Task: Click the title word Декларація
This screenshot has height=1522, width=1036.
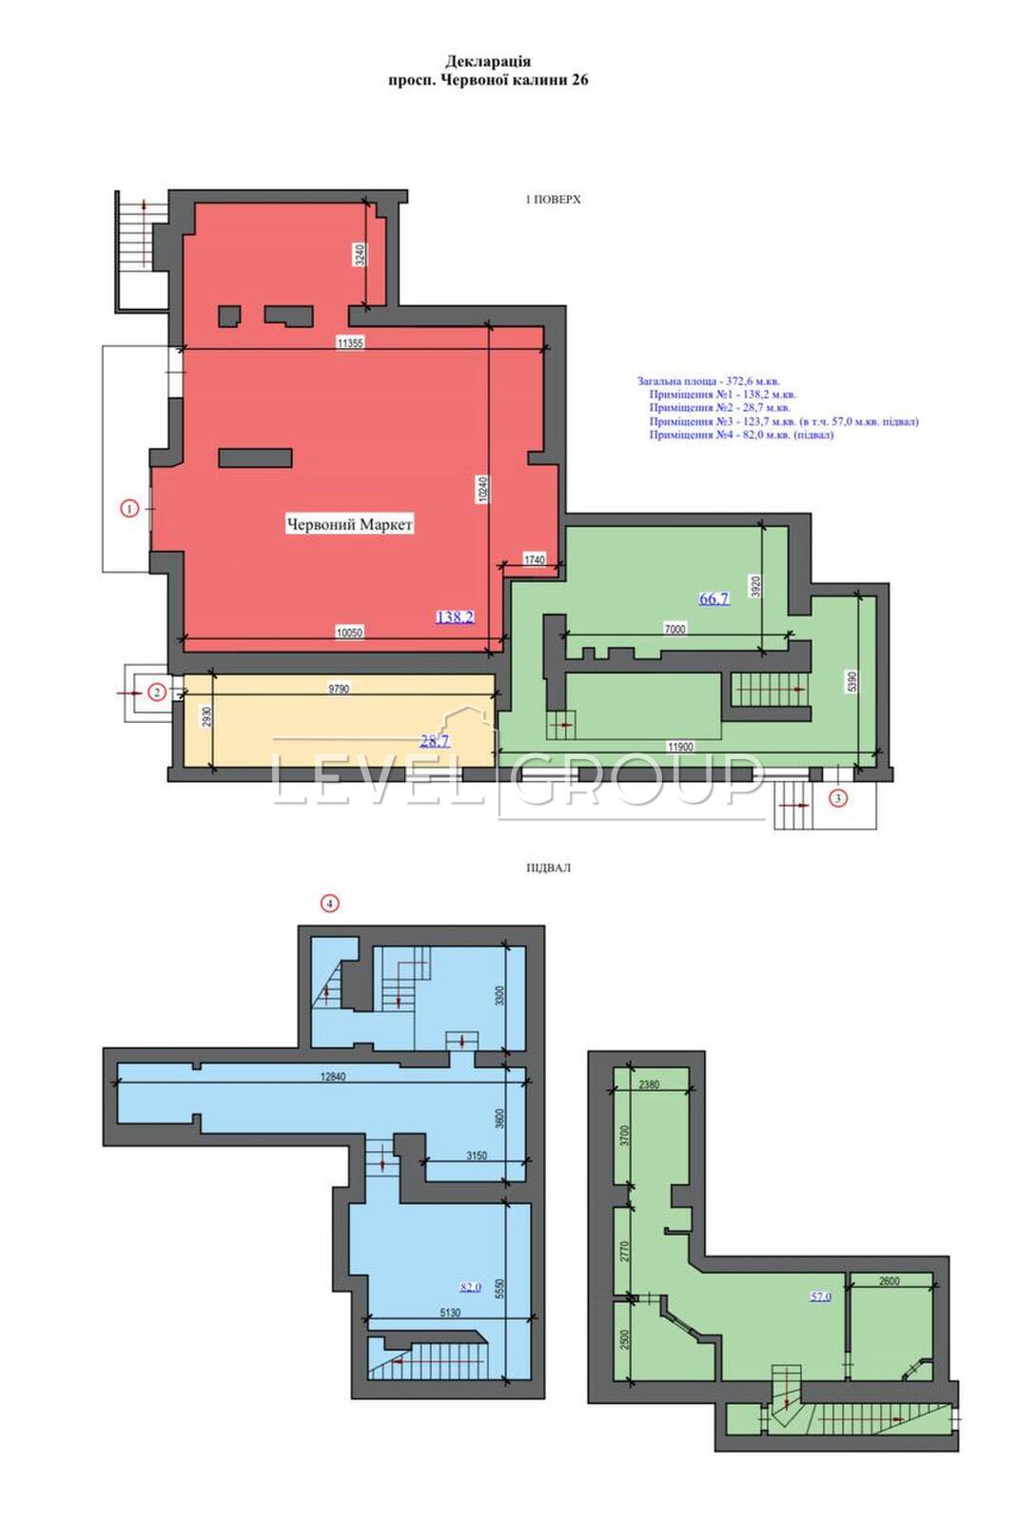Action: (488, 62)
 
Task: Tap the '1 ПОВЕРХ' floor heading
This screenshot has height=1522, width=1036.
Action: (553, 200)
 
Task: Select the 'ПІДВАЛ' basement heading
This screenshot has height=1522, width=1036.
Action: (548, 868)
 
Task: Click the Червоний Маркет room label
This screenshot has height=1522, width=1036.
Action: (349, 524)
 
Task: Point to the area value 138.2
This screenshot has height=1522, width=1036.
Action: (455, 617)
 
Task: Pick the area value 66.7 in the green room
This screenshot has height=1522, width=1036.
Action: (714, 598)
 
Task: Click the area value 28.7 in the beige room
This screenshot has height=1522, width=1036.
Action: (434, 741)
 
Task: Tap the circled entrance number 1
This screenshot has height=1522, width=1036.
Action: (129, 507)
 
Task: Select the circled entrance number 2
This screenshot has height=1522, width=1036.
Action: (158, 693)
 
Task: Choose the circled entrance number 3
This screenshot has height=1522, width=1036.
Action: (837, 798)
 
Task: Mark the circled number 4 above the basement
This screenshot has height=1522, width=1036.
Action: (329, 904)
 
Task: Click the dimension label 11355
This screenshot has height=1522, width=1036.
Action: (350, 343)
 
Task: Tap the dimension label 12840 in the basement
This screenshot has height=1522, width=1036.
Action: (332, 1076)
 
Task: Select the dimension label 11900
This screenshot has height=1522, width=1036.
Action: (680, 746)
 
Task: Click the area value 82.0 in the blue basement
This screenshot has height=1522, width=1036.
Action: (470, 1287)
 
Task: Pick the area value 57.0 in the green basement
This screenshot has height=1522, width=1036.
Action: (820, 1297)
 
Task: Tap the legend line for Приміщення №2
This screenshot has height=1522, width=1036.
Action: (719, 408)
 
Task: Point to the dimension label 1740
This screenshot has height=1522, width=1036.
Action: (535, 559)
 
